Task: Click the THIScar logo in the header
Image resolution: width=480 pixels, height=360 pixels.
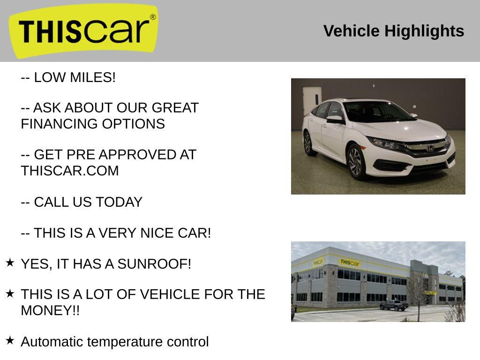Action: [x=83, y=30]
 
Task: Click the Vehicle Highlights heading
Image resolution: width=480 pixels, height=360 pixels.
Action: [x=393, y=31]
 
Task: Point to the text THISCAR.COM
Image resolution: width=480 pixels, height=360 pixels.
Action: [x=70, y=171]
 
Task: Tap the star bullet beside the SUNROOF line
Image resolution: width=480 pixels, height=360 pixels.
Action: [x=10, y=262]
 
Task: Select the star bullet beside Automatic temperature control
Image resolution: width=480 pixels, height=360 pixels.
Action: [x=10, y=340]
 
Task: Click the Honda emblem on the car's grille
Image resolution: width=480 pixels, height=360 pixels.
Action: [x=430, y=147]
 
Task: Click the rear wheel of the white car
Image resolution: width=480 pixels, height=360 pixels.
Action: [x=308, y=142]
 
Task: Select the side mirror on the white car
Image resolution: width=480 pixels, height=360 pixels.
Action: [x=335, y=120]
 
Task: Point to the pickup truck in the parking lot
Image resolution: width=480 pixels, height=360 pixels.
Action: [x=394, y=305]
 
